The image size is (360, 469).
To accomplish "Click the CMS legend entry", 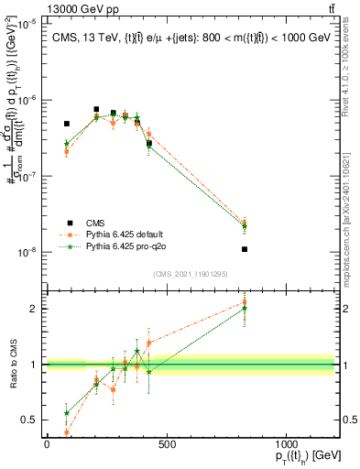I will (x=94, y=223).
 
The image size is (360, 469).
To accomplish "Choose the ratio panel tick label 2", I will (x=34, y=309).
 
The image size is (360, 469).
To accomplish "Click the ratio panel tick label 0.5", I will (x=30, y=420).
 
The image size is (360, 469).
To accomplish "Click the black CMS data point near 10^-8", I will (x=245, y=249).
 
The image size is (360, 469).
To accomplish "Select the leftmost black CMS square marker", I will (x=67, y=124).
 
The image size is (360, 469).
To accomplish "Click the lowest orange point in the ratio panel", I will (x=67, y=431).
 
